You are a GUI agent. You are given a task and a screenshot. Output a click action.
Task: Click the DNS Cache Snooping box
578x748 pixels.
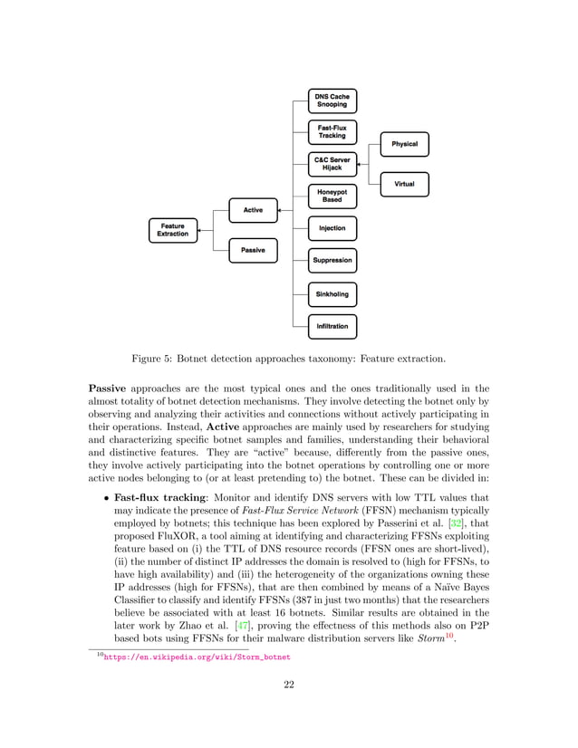(x=332, y=100)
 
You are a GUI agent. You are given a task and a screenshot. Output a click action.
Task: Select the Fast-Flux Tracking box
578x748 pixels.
(x=332, y=131)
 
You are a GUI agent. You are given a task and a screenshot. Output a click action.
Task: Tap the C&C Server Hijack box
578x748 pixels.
(x=332, y=164)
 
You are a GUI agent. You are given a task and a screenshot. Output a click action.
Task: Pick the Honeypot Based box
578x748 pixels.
(x=332, y=196)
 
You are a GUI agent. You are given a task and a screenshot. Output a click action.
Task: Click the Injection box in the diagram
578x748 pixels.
(x=332, y=228)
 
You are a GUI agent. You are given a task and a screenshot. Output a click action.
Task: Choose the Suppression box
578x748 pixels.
(x=332, y=261)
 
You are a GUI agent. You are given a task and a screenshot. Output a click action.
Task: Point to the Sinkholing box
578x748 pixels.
(x=332, y=294)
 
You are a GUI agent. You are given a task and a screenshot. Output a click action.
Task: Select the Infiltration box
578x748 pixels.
(x=332, y=326)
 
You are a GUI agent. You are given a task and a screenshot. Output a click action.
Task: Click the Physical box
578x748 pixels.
(x=404, y=144)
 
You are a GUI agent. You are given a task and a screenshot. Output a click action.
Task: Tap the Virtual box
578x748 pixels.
(x=404, y=185)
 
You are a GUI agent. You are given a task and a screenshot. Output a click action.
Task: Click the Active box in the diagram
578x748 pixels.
(x=253, y=210)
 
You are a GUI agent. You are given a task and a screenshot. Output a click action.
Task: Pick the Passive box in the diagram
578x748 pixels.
(x=253, y=250)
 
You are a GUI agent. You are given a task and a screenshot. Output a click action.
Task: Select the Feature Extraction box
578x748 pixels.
(x=172, y=230)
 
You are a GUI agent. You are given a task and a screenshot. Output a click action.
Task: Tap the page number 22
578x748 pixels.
(x=289, y=709)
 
